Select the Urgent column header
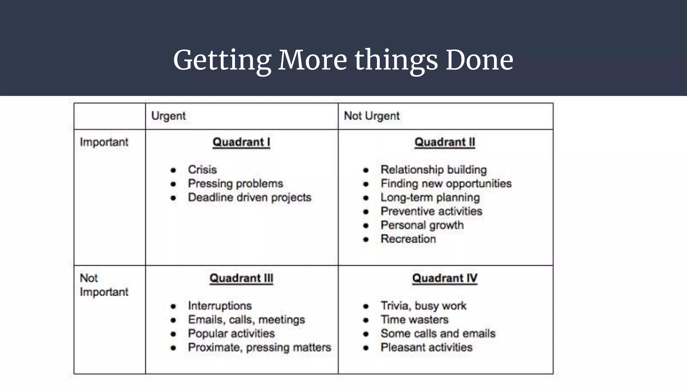pyautogui.click(x=168, y=116)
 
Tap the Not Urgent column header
pyautogui.click(x=372, y=116)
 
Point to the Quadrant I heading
pyautogui.click(x=241, y=142)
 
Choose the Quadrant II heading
pyautogui.click(x=445, y=142)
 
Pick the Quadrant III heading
pyautogui.click(x=241, y=278)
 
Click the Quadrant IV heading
pyautogui.click(x=445, y=278)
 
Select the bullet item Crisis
pyautogui.click(x=202, y=170)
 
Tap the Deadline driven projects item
pyautogui.click(x=250, y=197)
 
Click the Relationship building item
pyautogui.click(x=433, y=170)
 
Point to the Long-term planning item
pyautogui.click(x=430, y=197)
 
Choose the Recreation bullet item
pyautogui.click(x=408, y=239)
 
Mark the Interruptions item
pyautogui.click(x=220, y=306)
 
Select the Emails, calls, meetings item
pyautogui.click(x=246, y=320)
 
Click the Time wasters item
pyautogui.click(x=414, y=320)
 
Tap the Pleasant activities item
pyautogui.click(x=426, y=347)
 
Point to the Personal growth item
pyautogui.click(x=422, y=225)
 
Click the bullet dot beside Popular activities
pyautogui.click(x=173, y=334)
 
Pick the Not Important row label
pyautogui.click(x=104, y=285)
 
